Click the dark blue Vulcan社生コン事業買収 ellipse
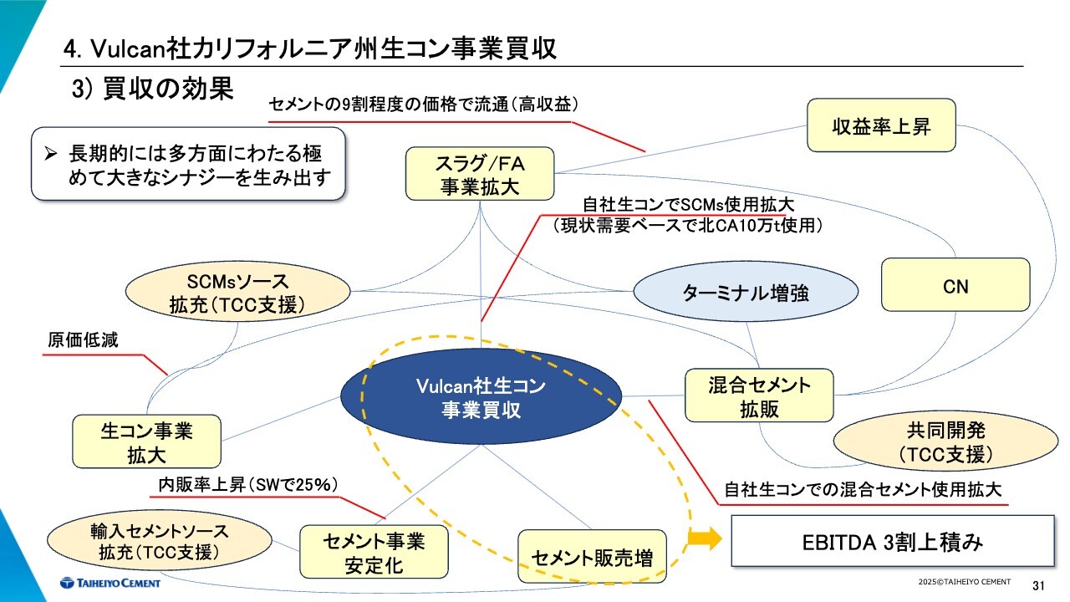point(481,397)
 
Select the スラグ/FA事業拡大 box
point(480,173)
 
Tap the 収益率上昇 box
point(881,126)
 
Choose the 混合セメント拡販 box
point(759,396)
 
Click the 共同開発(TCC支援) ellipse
point(945,442)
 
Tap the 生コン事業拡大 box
point(147,442)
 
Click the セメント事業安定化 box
point(374,553)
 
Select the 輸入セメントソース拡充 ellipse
point(159,541)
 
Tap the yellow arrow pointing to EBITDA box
point(704,540)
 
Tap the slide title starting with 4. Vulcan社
point(310,48)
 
